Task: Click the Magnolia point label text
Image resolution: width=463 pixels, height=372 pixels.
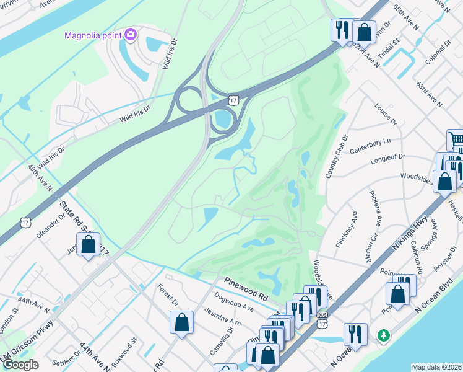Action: pos(93,35)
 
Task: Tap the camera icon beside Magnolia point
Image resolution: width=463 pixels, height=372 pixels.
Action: pos(131,34)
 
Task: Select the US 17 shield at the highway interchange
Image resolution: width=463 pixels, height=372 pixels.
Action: pos(233,100)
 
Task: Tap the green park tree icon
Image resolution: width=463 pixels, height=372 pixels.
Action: pos(384,335)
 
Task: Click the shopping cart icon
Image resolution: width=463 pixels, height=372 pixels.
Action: pos(456,139)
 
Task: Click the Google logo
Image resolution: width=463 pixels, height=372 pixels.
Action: pos(20,365)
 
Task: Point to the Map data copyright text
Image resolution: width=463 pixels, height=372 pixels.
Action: pos(436,367)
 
